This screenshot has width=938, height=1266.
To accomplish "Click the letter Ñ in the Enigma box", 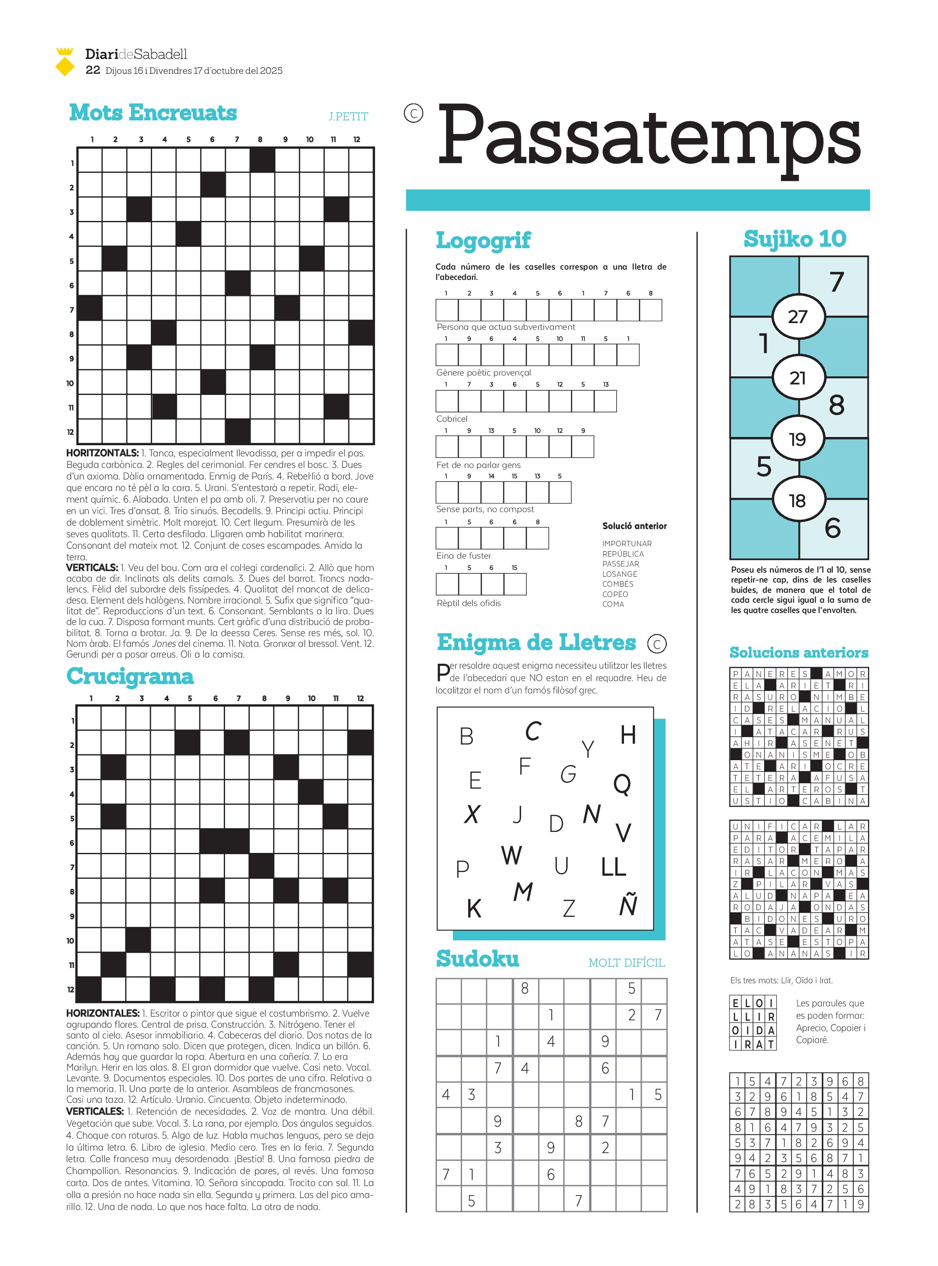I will [x=628, y=905].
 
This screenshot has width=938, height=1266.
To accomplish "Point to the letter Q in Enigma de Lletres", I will [x=622, y=784].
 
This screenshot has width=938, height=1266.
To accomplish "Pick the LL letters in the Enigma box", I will [x=613, y=867].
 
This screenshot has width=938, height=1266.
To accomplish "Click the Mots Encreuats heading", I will [x=153, y=113].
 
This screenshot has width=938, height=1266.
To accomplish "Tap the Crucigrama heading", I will [x=130, y=676].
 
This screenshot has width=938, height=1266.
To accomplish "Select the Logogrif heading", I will [x=483, y=240].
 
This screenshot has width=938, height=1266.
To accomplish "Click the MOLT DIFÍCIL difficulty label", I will [x=626, y=963].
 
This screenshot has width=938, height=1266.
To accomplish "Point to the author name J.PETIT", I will [x=348, y=116].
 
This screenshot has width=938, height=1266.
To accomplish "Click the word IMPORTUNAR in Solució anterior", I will [x=627, y=544].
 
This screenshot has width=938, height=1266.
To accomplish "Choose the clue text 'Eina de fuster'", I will [x=463, y=555].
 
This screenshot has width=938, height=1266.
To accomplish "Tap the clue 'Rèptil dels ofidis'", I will [x=469, y=603].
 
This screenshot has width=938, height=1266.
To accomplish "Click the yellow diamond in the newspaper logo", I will [x=65, y=68].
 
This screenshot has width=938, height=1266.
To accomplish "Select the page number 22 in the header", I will [x=93, y=70].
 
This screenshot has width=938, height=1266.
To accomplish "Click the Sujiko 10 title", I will [x=795, y=239].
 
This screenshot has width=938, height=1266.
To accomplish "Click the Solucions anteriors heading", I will [x=799, y=653].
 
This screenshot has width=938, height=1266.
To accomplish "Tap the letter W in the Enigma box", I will [x=511, y=855].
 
